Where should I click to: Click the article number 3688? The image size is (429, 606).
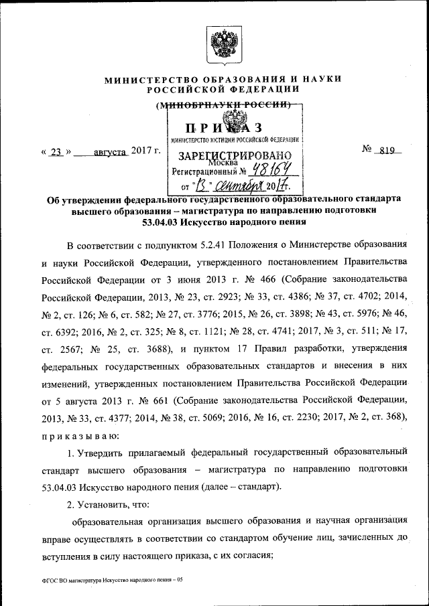[151, 348]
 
